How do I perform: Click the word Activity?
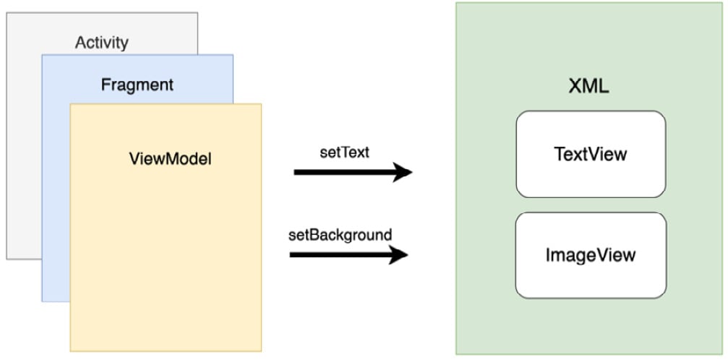[x=102, y=43]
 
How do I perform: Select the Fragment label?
[x=137, y=85]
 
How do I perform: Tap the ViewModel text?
[x=170, y=159]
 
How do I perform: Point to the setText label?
[x=345, y=153]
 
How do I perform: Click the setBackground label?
[x=341, y=235]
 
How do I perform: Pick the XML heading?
[x=588, y=87]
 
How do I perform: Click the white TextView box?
[x=591, y=154]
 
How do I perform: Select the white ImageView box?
[x=591, y=255]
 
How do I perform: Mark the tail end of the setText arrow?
[x=294, y=172]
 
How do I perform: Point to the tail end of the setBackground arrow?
[x=290, y=254]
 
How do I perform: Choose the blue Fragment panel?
[x=56, y=186]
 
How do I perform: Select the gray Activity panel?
[x=23, y=140]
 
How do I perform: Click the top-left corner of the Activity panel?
[x=7, y=13]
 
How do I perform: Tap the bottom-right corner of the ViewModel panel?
[x=262, y=351]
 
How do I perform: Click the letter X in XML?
[x=575, y=87]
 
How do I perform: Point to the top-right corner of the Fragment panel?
[x=233, y=55]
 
